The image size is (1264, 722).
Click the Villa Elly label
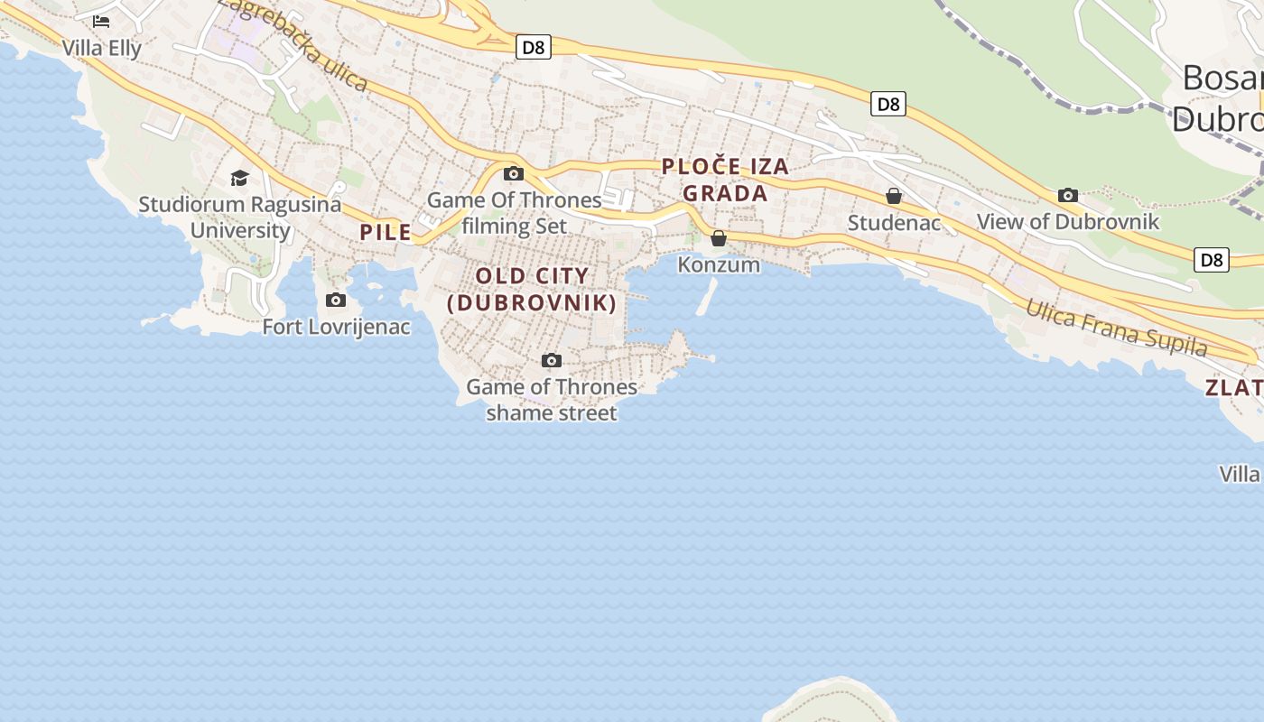[101, 48]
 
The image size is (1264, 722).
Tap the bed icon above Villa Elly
[101, 21]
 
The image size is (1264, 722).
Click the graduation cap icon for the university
[239, 178]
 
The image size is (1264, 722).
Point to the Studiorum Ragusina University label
[240, 217]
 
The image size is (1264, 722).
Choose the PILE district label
[386, 233]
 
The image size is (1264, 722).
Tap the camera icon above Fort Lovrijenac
[336, 300]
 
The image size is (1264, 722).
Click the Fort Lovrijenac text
[336, 327]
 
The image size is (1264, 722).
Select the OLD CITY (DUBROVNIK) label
[532, 289]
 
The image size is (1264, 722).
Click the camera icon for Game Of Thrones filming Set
[514, 173]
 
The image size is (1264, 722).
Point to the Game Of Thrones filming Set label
[514, 213]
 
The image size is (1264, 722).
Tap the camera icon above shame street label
[552, 360]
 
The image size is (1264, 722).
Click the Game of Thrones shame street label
[552, 400]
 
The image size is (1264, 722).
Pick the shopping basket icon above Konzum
[719, 238]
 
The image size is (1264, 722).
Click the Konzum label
[719, 264]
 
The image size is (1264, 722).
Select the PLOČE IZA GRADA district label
[725, 180]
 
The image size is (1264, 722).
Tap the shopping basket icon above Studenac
[894, 196]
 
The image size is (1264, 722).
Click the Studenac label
[894, 222]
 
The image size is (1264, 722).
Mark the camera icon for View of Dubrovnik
[1068, 195]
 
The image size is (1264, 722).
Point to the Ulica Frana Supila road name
[1116, 327]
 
